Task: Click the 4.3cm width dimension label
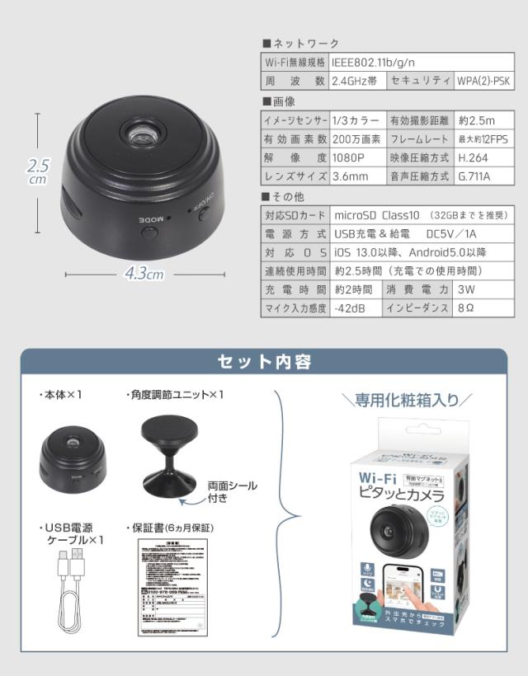point(144,275)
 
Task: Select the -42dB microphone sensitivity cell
point(355,308)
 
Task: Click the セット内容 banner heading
point(263,361)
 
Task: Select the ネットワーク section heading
point(304,43)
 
